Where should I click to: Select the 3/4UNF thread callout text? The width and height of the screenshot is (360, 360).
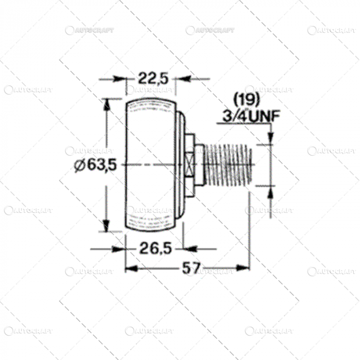tap(250, 116)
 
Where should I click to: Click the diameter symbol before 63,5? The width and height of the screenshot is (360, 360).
tap(79, 166)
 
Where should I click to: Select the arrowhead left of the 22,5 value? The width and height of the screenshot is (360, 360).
tap(121, 79)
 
